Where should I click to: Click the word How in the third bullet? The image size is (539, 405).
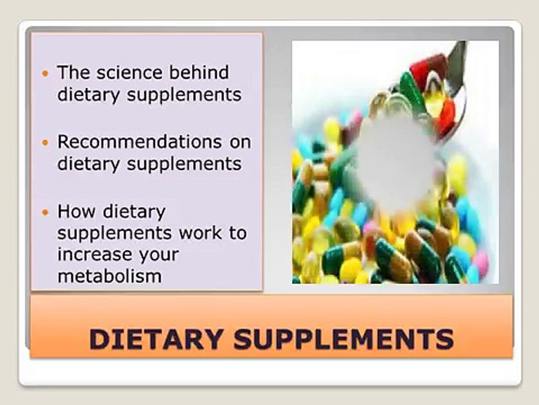click(x=77, y=211)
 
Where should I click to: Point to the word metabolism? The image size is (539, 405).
click(x=109, y=276)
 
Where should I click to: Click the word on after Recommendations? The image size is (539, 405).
click(x=240, y=142)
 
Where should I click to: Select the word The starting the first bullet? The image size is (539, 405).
click(x=73, y=73)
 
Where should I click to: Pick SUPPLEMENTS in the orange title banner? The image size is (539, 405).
click(x=344, y=339)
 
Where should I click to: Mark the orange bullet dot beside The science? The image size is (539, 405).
click(x=46, y=74)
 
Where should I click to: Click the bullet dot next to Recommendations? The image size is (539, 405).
click(x=46, y=143)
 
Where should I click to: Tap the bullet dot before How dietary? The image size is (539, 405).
click(x=46, y=213)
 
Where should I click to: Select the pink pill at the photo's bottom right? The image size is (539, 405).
click(x=480, y=263)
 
